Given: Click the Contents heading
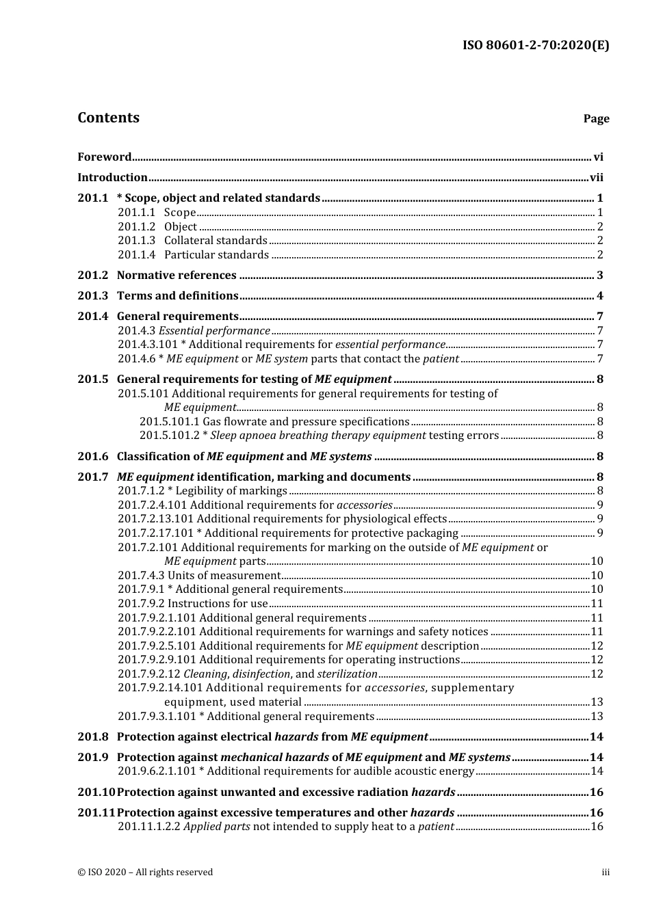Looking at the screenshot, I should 108,118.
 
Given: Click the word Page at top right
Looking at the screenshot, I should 596,119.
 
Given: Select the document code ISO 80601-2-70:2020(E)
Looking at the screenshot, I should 536,46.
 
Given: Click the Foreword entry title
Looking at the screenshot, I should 104,157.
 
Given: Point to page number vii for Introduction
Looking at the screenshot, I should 597,177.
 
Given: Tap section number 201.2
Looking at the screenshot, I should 92,275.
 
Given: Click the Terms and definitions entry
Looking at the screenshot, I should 177,295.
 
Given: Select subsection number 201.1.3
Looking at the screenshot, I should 136,240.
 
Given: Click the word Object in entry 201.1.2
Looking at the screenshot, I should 181,226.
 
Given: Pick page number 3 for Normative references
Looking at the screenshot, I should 600,276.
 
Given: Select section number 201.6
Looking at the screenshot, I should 92,456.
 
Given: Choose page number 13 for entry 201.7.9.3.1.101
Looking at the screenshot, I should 597,716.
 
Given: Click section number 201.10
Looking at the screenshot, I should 95,792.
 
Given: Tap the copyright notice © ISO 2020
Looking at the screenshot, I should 145,872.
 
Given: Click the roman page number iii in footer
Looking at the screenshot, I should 606,872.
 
